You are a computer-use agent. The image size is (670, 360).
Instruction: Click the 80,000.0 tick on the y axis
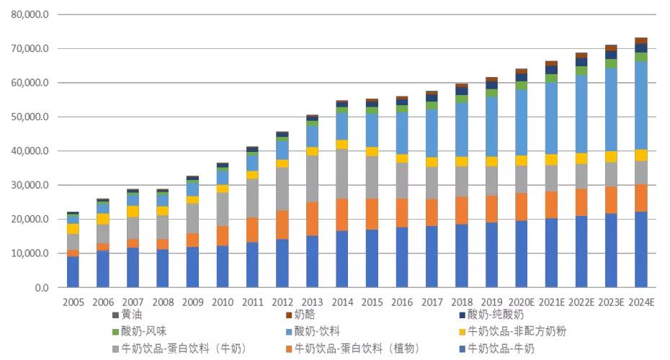coord(30,14)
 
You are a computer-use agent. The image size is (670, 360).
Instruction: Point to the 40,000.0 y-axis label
coord(30,151)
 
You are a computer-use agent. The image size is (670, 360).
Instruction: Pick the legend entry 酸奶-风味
coord(141,332)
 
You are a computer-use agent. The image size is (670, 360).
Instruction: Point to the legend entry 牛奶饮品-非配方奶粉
coord(517,332)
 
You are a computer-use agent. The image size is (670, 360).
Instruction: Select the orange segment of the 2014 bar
coord(342,215)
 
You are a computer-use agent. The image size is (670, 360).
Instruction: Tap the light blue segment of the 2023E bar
coord(611,109)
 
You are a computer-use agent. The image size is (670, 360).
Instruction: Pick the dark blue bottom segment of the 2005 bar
coord(73,272)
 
